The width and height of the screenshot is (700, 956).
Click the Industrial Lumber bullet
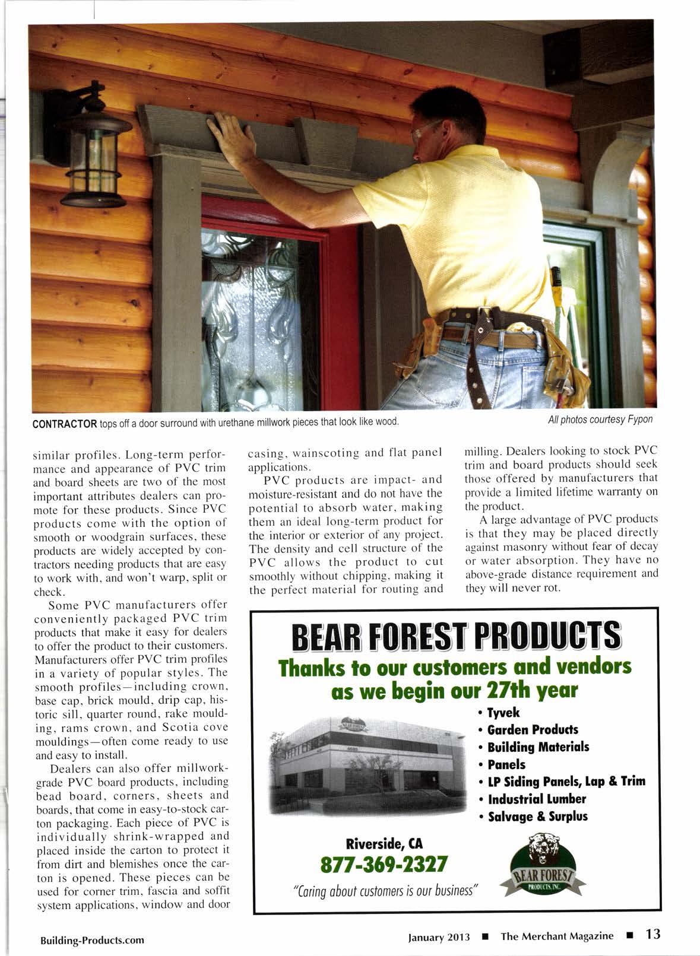coord(536,799)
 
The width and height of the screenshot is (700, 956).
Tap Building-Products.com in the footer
coord(92,941)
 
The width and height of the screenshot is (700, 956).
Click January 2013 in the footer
coord(439,937)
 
